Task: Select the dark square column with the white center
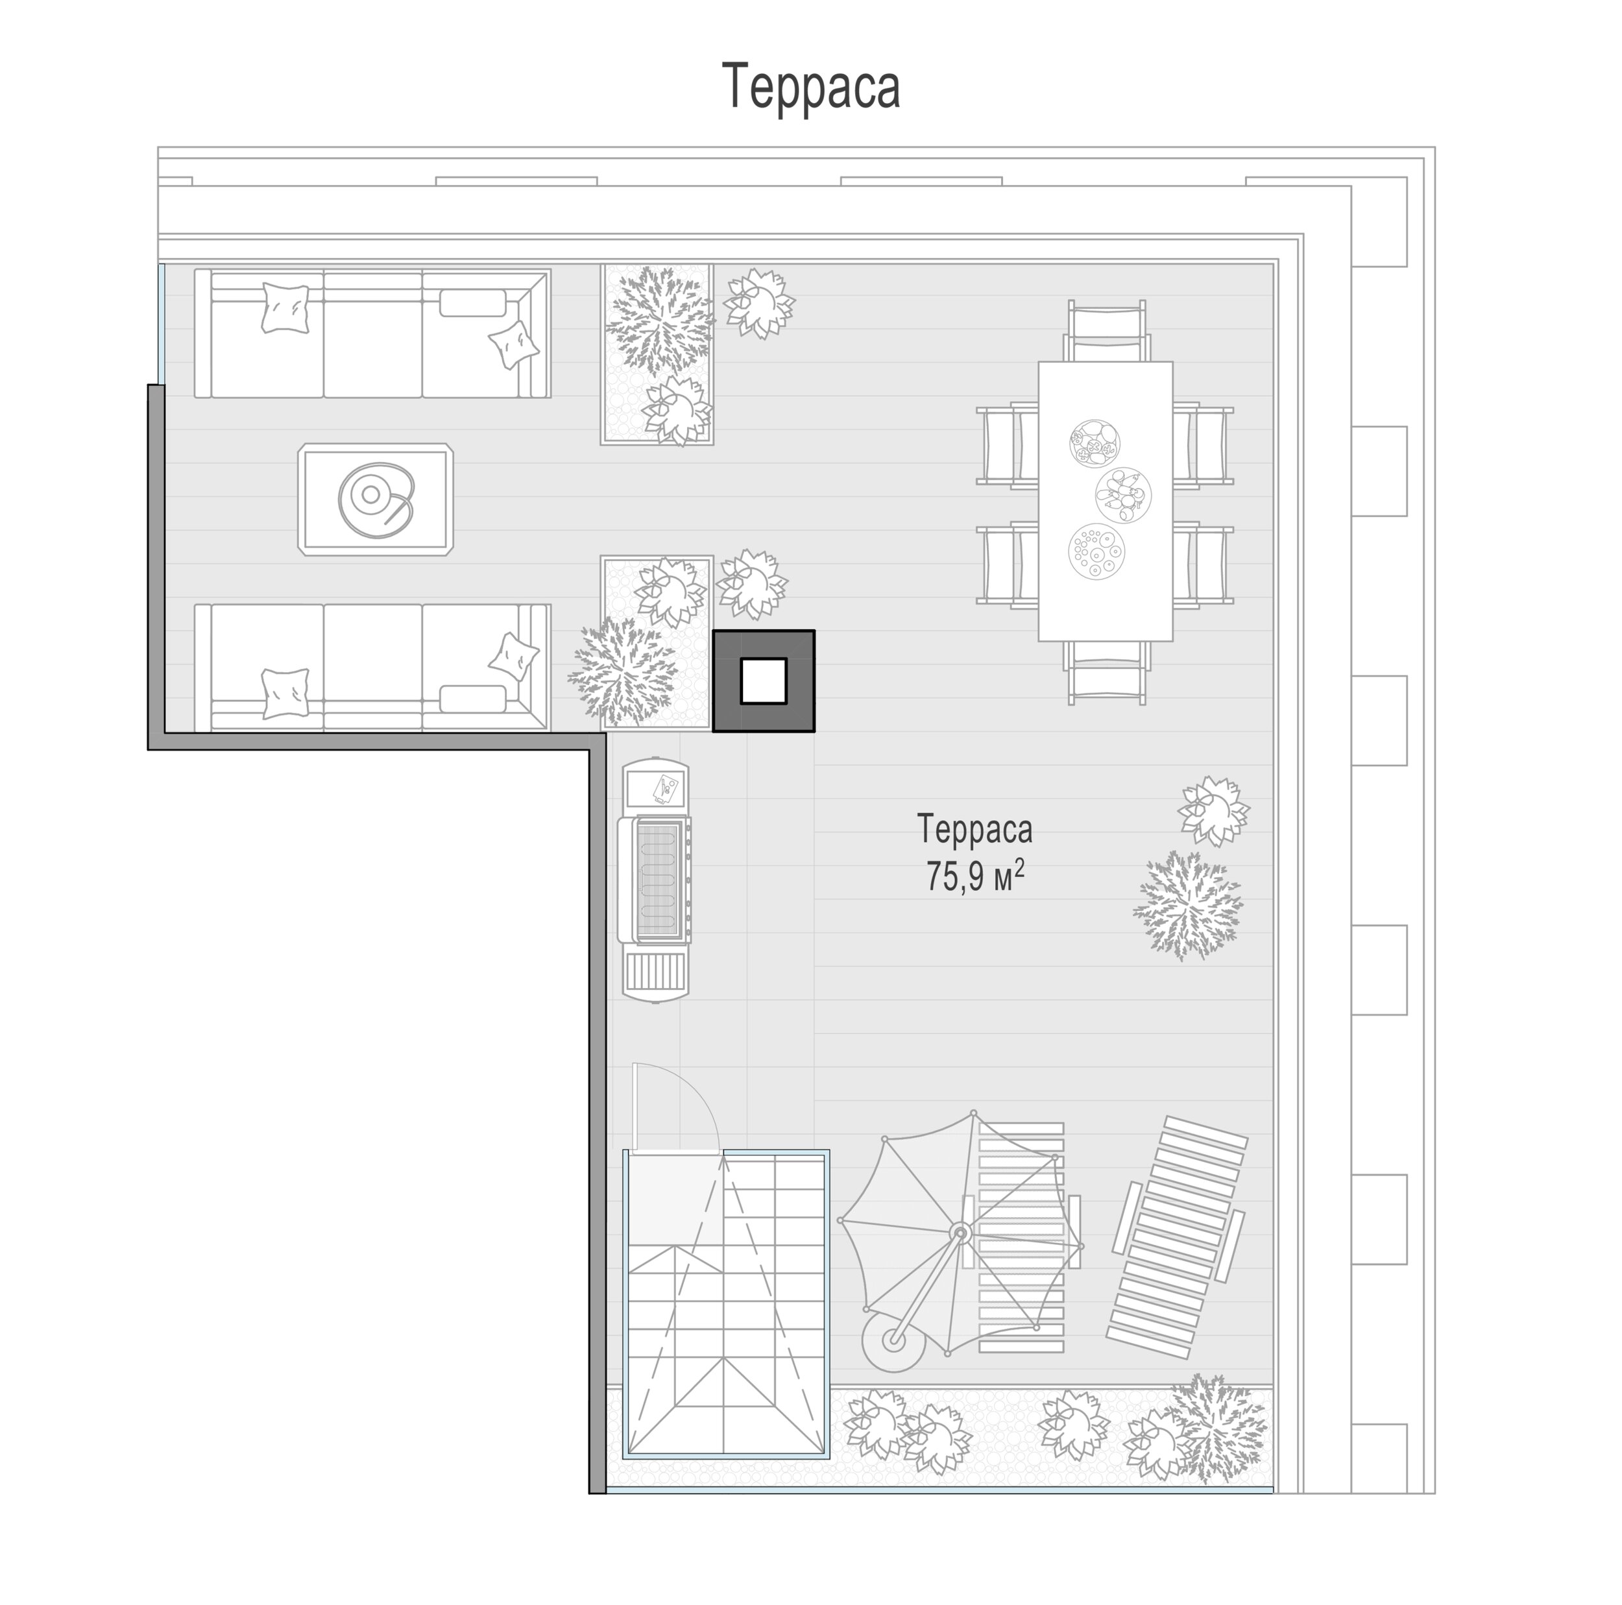pyautogui.click(x=763, y=681)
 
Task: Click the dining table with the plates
pyautogui.click(x=1105, y=501)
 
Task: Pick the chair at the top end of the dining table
pyautogui.click(x=1108, y=332)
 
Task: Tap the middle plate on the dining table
pyautogui.click(x=1122, y=494)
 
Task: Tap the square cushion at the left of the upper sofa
pyautogui.click(x=285, y=308)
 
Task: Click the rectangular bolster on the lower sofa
pyautogui.click(x=473, y=699)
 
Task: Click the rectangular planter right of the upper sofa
pyautogui.click(x=657, y=354)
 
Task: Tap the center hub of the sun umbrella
pyautogui.click(x=959, y=1232)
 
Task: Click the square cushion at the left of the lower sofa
pyautogui.click(x=285, y=694)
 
